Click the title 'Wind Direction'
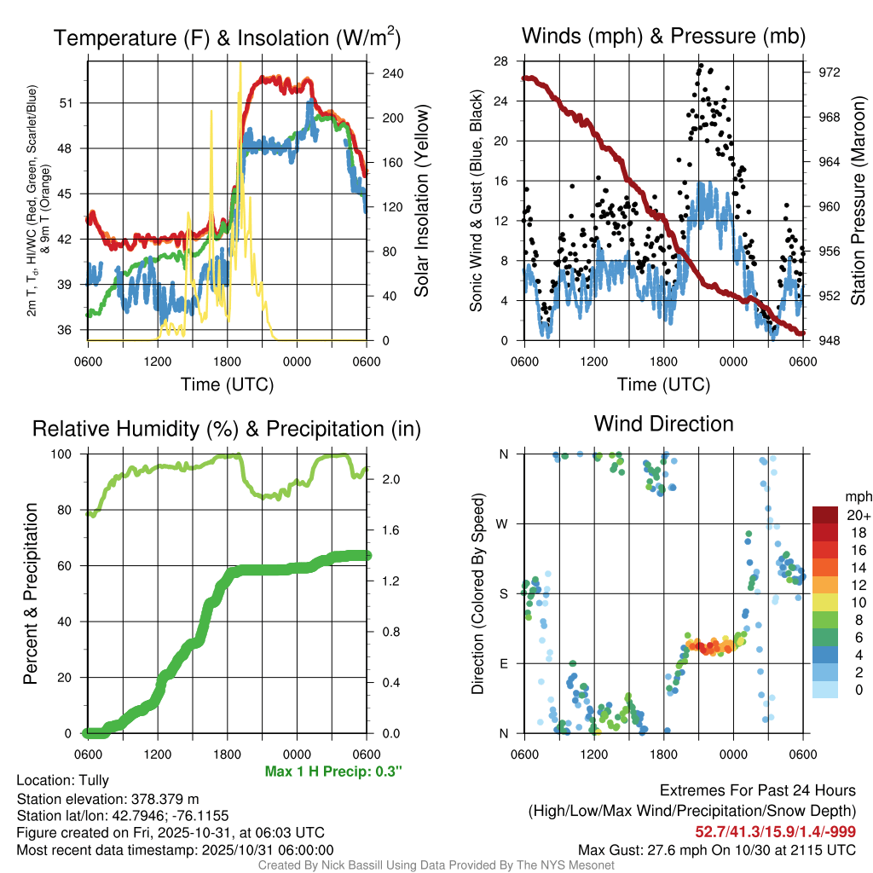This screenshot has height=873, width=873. (x=663, y=424)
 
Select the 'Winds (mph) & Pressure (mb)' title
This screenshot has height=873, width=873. (x=663, y=37)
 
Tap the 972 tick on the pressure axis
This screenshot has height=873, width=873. (x=829, y=72)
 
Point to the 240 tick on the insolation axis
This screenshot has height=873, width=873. (x=393, y=73)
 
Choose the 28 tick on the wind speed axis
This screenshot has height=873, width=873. (x=501, y=61)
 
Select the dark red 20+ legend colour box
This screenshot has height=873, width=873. (x=826, y=515)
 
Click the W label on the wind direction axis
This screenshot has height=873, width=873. (x=504, y=523)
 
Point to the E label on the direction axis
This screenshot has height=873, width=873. (x=504, y=663)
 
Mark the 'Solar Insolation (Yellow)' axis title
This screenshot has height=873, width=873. (x=421, y=201)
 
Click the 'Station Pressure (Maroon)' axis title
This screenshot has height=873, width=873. (x=858, y=201)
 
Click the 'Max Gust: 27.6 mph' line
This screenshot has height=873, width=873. (x=717, y=849)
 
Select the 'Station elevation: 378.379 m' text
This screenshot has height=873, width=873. (x=107, y=799)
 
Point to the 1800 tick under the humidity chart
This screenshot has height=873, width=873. (x=226, y=754)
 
